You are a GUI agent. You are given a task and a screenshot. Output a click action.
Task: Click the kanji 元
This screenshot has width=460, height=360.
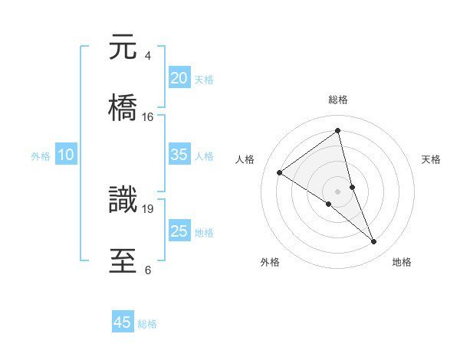(x=123, y=47)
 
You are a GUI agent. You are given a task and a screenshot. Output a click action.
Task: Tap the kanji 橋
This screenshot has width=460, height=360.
(x=123, y=106)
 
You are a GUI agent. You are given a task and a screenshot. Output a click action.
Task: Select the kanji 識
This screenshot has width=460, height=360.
(x=123, y=198)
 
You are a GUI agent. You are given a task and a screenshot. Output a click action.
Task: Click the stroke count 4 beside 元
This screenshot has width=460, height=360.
(x=147, y=56)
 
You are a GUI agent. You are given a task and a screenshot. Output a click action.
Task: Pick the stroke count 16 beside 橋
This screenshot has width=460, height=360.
(x=148, y=117)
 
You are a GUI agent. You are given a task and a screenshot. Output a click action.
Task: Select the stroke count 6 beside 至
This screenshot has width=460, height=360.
(x=147, y=270)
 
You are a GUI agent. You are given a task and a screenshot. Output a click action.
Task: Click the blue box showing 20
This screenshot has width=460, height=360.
(x=179, y=78)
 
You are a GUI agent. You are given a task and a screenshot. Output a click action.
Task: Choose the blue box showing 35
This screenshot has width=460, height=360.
(x=179, y=155)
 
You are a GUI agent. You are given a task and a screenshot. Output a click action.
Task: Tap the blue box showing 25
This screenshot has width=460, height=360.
(x=179, y=231)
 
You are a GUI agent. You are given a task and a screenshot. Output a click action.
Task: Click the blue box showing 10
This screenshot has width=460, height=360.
(x=66, y=155)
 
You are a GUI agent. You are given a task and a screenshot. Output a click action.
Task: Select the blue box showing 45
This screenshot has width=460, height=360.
(x=123, y=322)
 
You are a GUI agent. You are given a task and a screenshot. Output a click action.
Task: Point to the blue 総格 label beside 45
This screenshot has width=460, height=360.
(x=147, y=324)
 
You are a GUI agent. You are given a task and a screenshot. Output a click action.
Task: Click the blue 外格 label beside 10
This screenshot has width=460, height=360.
(x=41, y=156)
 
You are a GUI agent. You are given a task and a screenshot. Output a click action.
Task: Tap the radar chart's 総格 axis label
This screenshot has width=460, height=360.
(x=338, y=100)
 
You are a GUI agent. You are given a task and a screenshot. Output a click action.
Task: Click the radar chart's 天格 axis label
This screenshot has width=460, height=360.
(x=432, y=159)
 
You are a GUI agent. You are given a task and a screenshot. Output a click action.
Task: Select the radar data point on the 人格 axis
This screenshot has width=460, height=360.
(x=279, y=172)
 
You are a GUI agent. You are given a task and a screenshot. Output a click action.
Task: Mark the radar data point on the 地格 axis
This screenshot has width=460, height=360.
(x=374, y=242)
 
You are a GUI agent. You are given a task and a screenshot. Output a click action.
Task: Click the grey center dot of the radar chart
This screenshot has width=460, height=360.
(x=338, y=191)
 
